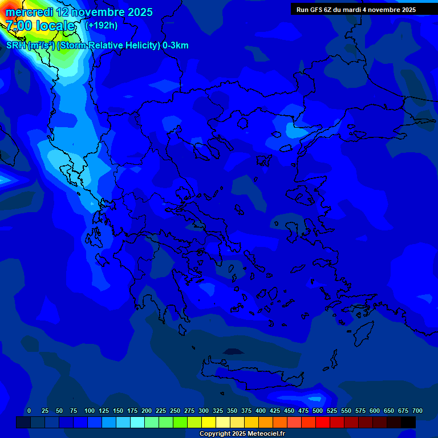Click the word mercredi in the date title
(30, 12)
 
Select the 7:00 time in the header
(19, 26)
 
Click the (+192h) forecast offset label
(102, 25)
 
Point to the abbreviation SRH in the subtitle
(16, 46)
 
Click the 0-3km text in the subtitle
(176, 46)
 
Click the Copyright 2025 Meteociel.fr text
(242, 434)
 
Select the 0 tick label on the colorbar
(29, 411)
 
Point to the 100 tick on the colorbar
(90, 411)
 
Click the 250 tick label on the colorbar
(175, 411)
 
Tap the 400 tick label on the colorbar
(261, 411)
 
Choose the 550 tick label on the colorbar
(346, 411)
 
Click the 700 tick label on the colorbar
(417, 411)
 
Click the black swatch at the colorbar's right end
(408, 422)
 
